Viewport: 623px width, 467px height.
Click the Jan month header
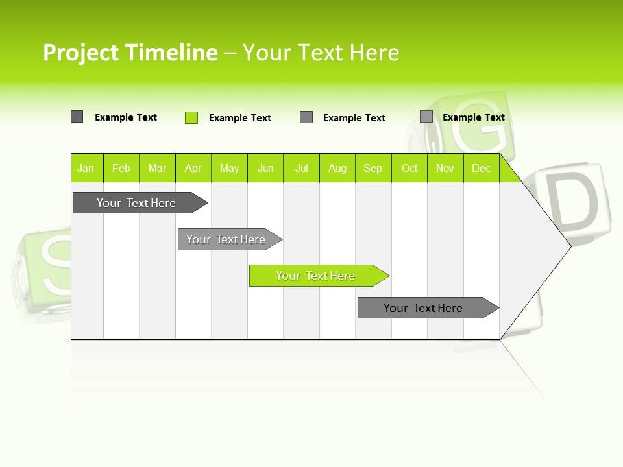coord(86,168)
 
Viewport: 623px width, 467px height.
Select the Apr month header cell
coord(193,168)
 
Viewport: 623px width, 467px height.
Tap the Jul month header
coord(301,168)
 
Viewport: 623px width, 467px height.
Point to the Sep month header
coord(373,168)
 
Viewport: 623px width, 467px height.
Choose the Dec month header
coord(481,168)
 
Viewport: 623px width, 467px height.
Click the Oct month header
coord(409,168)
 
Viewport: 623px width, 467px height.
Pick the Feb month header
coord(121,168)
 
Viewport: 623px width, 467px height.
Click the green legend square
coord(191,117)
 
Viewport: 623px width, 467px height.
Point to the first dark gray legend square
coord(77,117)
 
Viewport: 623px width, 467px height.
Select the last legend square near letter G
coord(426,117)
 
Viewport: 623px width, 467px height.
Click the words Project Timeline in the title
coord(130,53)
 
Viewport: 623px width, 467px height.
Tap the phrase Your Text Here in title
coord(321,53)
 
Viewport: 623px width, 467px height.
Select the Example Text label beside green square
coord(240,118)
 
